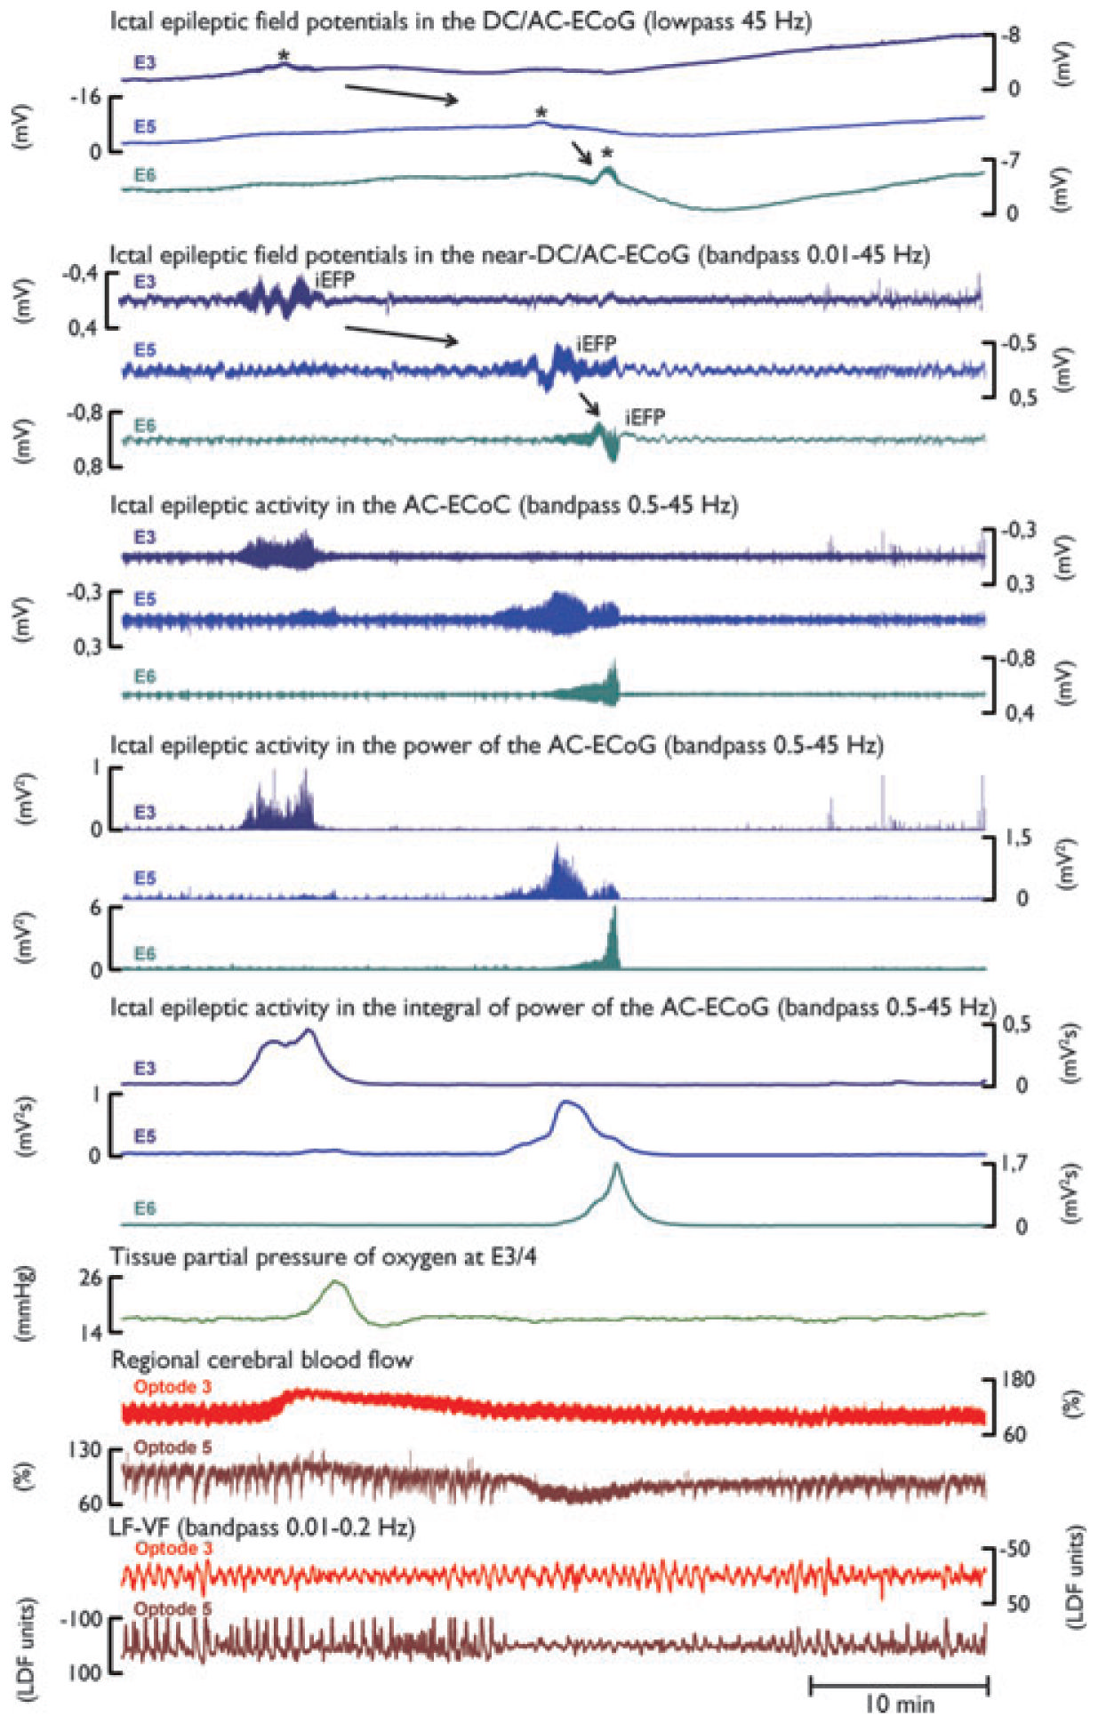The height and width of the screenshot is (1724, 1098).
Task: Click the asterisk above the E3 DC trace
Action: pyautogui.click(x=284, y=56)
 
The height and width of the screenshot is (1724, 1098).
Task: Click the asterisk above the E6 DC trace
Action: pyautogui.click(x=607, y=153)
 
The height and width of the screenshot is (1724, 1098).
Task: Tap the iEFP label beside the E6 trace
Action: pyautogui.click(x=645, y=417)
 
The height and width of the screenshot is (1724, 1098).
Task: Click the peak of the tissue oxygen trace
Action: pyautogui.click(x=336, y=1282)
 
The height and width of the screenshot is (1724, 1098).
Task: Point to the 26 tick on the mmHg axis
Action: pyautogui.click(x=91, y=1279)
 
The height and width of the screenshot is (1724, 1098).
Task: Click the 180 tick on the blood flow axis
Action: pyautogui.click(x=1018, y=1379)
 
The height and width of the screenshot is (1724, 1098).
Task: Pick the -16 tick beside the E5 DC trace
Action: pyautogui.click(x=86, y=97)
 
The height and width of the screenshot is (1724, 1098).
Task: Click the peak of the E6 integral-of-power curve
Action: pyautogui.click(x=616, y=1165)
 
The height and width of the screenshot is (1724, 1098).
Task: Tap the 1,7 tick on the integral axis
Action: pyautogui.click(x=1014, y=1163)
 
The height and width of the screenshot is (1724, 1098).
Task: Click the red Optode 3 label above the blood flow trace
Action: pyautogui.click(x=172, y=1387)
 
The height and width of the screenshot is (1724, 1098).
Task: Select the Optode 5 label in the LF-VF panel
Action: pyautogui.click(x=172, y=1608)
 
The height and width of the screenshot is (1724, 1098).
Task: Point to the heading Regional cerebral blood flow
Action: pyautogui.click(x=261, y=1359)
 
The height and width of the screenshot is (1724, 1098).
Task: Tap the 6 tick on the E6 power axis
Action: pyautogui.click(x=95, y=908)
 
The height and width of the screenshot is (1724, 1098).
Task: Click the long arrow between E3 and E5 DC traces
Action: pyautogui.click(x=401, y=93)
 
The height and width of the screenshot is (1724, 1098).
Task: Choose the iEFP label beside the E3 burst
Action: pyautogui.click(x=334, y=281)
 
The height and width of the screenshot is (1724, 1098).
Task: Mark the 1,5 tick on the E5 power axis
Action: pyautogui.click(x=1018, y=838)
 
